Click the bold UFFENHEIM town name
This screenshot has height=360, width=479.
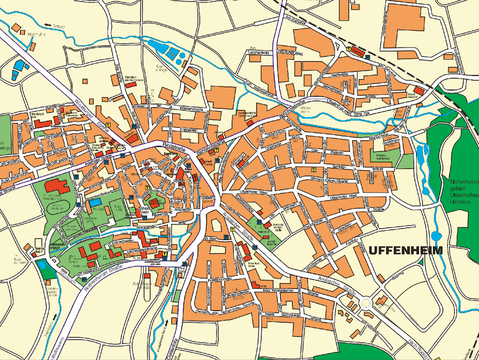pyautogui.click(x=406, y=250)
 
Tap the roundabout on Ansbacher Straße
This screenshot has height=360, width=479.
pyautogui.click(x=366, y=302)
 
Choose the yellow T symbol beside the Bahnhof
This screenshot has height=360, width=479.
pyautogui.click(x=348, y=49)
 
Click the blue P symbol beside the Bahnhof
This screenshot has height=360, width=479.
pyautogui.click(x=367, y=57)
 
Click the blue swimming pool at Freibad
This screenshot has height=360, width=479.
pyautogui.click(x=94, y=202)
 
